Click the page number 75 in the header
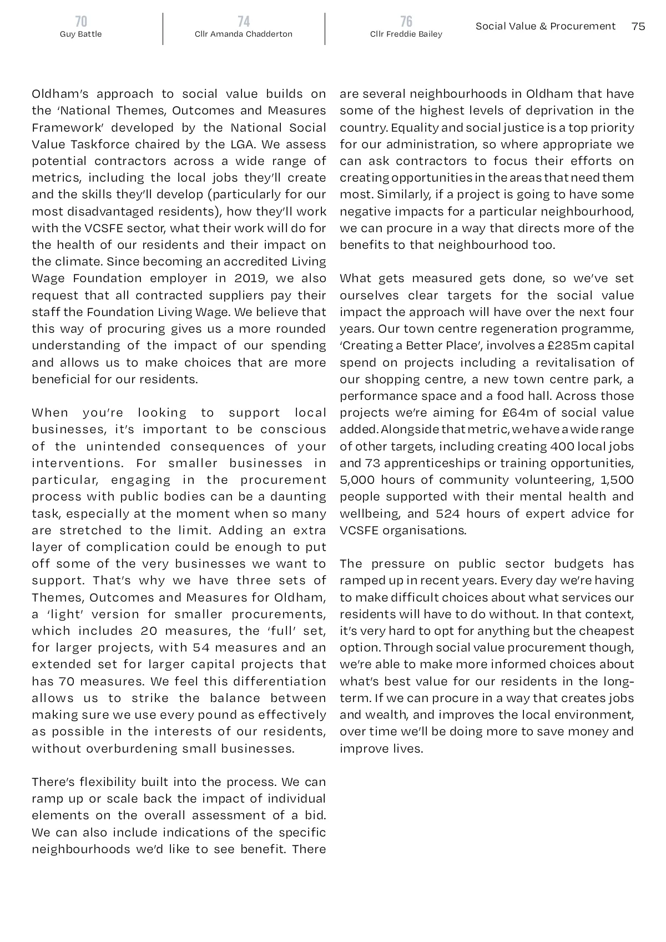[x=638, y=26]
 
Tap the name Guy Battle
[x=81, y=34]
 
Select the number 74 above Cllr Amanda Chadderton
[x=244, y=21]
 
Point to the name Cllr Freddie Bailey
[x=406, y=34]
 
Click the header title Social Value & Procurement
[x=546, y=26]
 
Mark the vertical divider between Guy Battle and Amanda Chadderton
[x=163, y=28]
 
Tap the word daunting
[x=300, y=497]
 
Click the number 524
[x=448, y=514]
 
